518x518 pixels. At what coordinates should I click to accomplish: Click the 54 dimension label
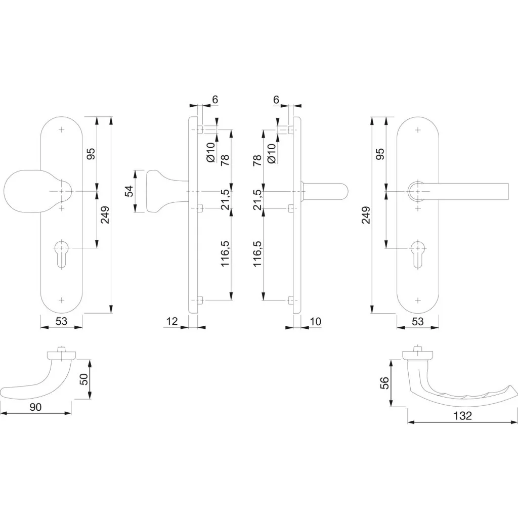coord(128,191)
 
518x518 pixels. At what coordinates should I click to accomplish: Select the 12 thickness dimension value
coord(172,321)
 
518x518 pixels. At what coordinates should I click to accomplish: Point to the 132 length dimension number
coord(462,416)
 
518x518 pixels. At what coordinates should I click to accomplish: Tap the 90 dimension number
coord(36,407)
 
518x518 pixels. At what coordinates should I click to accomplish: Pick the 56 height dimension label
coord(384,383)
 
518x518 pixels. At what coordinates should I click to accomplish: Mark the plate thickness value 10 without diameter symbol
coord(316,321)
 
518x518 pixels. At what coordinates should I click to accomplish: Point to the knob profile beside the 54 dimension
coord(167,191)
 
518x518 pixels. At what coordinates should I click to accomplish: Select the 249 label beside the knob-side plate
coord(105,215)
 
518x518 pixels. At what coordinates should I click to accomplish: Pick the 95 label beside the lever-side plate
coord(380,154)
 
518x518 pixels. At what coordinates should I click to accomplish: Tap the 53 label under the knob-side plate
coord(61,321)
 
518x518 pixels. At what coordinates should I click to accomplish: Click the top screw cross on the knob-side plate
coord(61,129)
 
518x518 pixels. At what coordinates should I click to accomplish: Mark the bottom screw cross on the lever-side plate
coord(417,300)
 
